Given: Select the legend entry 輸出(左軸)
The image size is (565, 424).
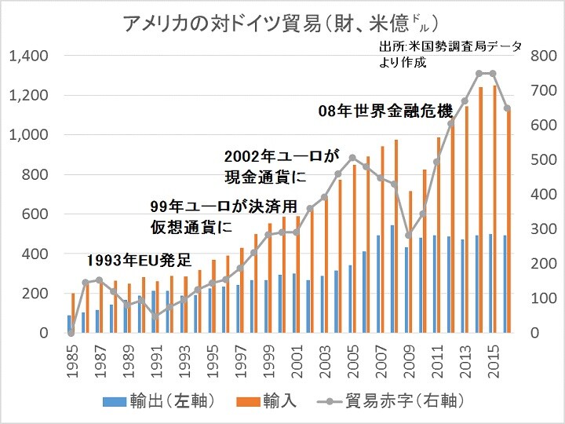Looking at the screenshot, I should [158, 402].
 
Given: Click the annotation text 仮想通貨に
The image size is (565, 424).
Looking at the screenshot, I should [191, 228].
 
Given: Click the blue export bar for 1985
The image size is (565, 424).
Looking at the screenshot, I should [68, 323].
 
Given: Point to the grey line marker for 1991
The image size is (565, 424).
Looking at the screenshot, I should [155, 316].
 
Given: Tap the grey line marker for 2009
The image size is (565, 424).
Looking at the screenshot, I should [409, 235].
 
